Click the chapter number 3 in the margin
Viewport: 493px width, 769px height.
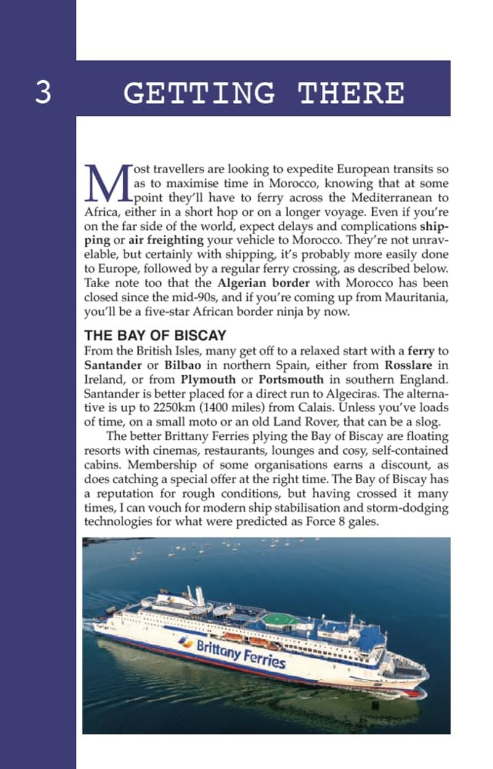click(x=43, y=92)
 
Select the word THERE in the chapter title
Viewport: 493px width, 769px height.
click(x=351, y=92)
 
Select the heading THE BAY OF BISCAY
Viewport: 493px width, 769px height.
click(x=155, y=336)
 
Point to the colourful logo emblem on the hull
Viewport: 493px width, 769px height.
click(x=185, y=641)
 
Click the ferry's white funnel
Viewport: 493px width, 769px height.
click(x=199, y=595)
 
